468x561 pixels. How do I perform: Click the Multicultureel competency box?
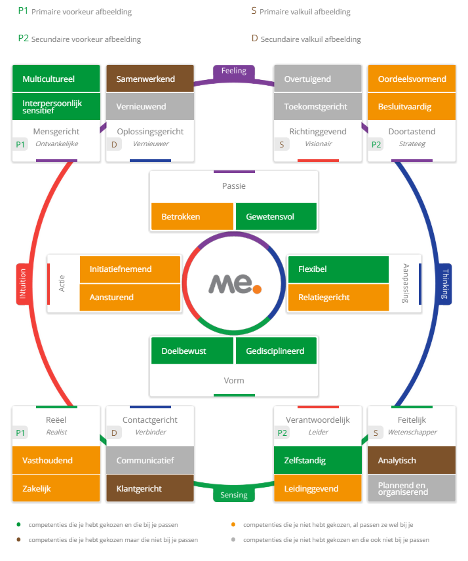point(56,79)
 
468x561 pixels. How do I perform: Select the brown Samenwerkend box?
point(149,79)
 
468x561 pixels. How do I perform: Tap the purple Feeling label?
point(233,71)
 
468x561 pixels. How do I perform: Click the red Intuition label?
point(22,284)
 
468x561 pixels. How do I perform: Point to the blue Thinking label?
point(446,284)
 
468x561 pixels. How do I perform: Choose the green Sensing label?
point(233,495)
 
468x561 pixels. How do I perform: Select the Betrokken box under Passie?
point(192,216)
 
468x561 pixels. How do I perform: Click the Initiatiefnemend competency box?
point(130,269)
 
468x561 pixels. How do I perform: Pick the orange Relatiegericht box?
point(338,297)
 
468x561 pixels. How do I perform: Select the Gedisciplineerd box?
point(276,351)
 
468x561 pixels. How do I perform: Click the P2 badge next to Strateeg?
point(376,144)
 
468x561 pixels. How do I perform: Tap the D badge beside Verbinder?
point(115,433)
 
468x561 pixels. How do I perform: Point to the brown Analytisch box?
point(411,460)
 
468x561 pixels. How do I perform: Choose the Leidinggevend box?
point(317,488)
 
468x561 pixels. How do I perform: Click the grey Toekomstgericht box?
point(317,106)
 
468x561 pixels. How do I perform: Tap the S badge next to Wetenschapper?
point(376,433)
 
